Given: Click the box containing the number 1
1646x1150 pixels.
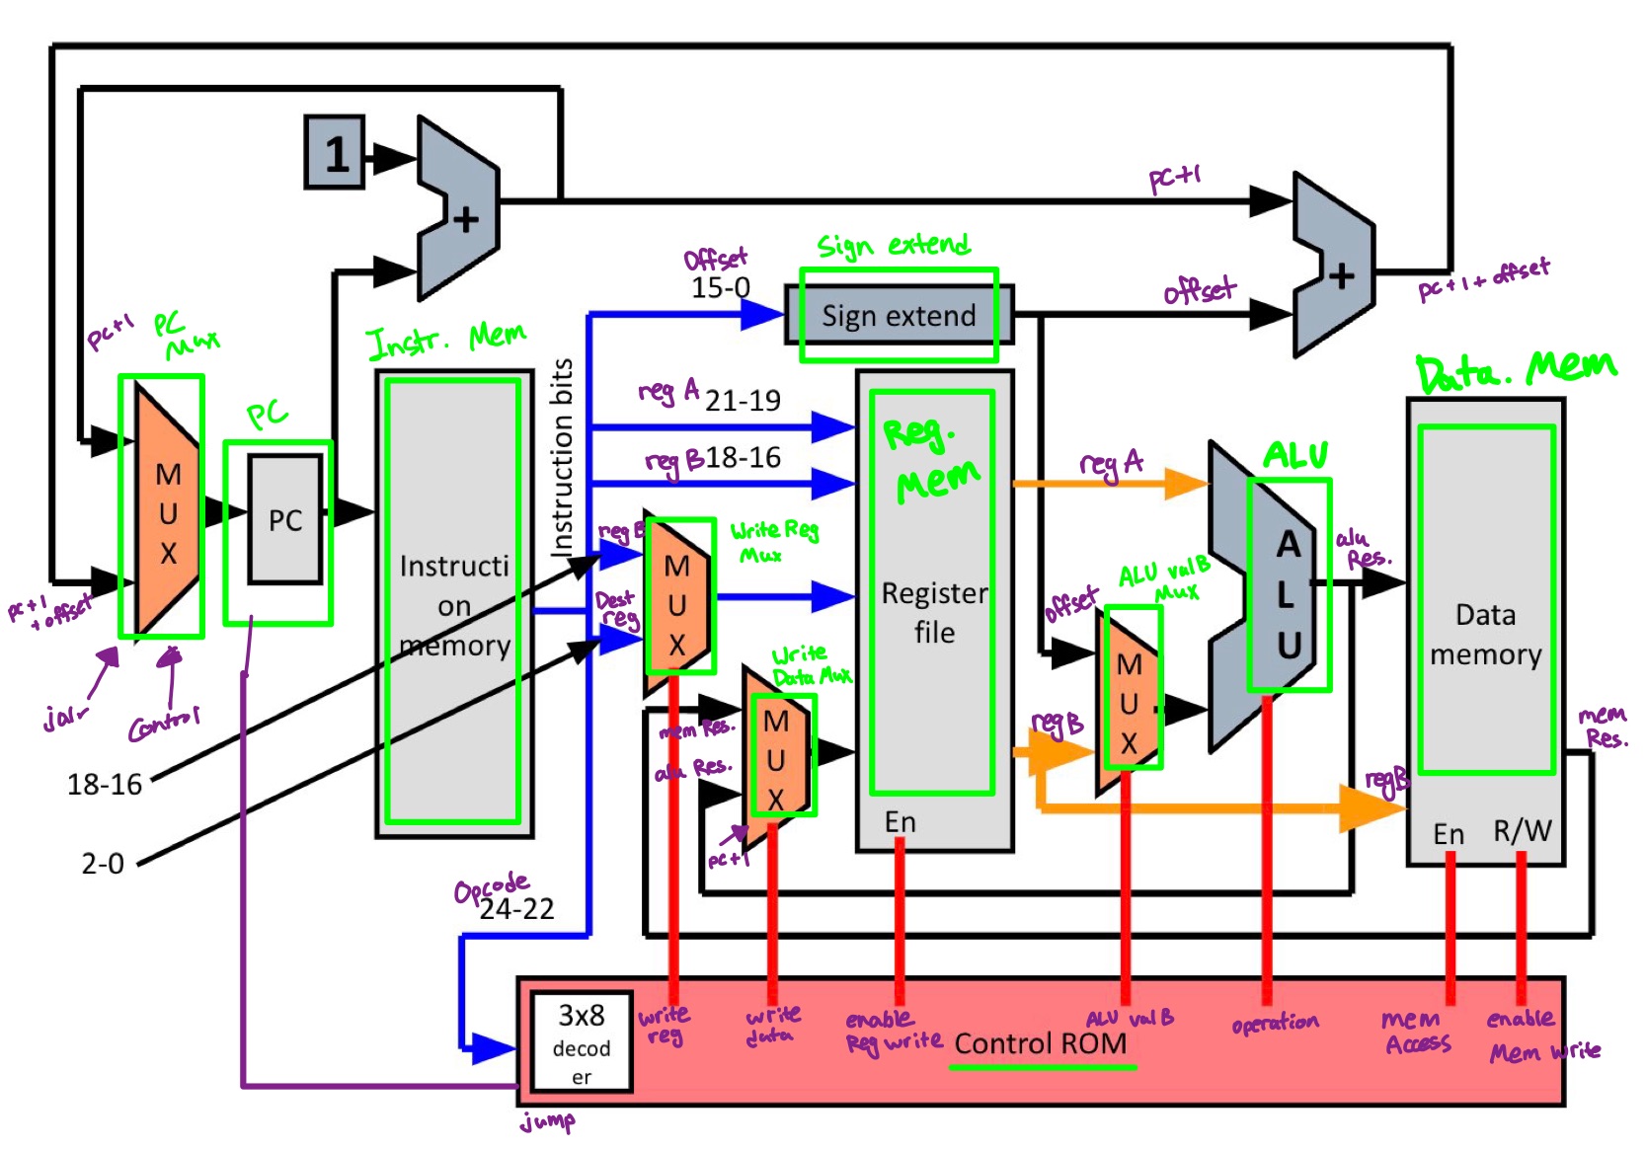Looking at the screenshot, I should click(336, 153).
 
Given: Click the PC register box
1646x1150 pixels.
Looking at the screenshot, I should click(285, 519).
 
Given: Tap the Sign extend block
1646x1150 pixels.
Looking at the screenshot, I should click(899, 315).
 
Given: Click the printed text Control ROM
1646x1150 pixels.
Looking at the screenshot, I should click(1041, 1043).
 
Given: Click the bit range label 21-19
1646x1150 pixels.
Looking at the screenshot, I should click(743, 400).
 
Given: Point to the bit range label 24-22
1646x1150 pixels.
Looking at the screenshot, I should click(516, 909).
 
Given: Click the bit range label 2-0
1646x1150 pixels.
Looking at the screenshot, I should click(103, 864).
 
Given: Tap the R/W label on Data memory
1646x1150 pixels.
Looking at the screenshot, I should click(1522, 831).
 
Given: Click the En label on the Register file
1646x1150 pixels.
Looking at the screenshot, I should click(900, 821).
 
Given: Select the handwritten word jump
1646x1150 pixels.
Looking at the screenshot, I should click(548, 1121).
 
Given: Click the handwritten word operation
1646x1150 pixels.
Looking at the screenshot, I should click(1275, 1023).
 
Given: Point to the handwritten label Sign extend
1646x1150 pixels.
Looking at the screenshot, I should click(894, 245).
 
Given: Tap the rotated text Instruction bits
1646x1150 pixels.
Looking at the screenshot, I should click(562, 456).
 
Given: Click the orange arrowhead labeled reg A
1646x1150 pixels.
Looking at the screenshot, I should click(1185, 484).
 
